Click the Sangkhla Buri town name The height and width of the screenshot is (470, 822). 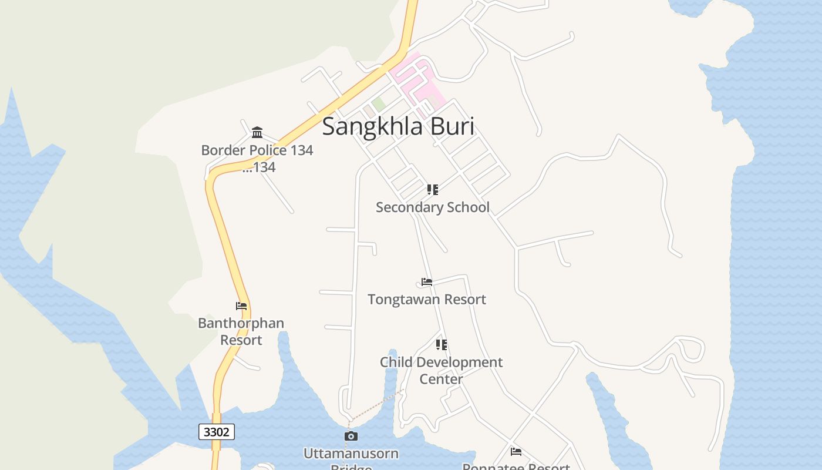click(397, 126)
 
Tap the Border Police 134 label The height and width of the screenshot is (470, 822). click(257, 150)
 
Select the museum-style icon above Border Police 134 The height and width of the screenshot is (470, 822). click(257, 132)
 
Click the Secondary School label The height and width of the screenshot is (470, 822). click(432, 207)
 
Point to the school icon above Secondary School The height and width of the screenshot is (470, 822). click(433, 189)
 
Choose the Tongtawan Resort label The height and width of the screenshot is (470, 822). click(427, 300)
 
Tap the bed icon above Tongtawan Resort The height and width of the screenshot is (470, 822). click(427, 282)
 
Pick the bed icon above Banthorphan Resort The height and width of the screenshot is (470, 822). click(241, 306)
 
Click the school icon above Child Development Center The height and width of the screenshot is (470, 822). click(441, 345)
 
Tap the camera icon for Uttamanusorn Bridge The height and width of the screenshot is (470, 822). click(351, 436)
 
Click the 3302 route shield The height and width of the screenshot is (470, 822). click(217, 432)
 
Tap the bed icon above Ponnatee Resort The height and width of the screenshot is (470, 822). click(516, 452)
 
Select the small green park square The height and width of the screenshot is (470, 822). click(379, 104)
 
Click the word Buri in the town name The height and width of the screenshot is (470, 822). click(453, 126)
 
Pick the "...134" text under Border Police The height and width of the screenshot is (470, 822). click(259, 167)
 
